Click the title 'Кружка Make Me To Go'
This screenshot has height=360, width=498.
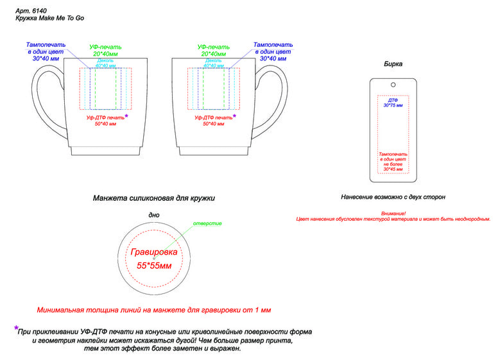coord(50,19)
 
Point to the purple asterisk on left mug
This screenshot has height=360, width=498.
coord(126,116)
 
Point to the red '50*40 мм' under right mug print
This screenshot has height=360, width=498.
coord(213,124)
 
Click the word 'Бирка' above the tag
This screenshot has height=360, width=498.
coord(393,65)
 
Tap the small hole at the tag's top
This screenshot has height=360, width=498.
coord(393,84)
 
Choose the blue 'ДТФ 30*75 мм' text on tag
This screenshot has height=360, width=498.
coord(393,103)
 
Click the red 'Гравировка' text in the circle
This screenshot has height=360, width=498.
coord(154,252)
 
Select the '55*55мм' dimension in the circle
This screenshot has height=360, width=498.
coord(154,265)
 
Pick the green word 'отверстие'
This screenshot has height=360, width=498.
coord(207,223)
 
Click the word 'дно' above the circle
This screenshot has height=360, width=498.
coord(154,215)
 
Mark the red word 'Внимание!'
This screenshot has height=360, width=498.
coord(393,213)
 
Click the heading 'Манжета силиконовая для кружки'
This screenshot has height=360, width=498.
coord(154,198)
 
